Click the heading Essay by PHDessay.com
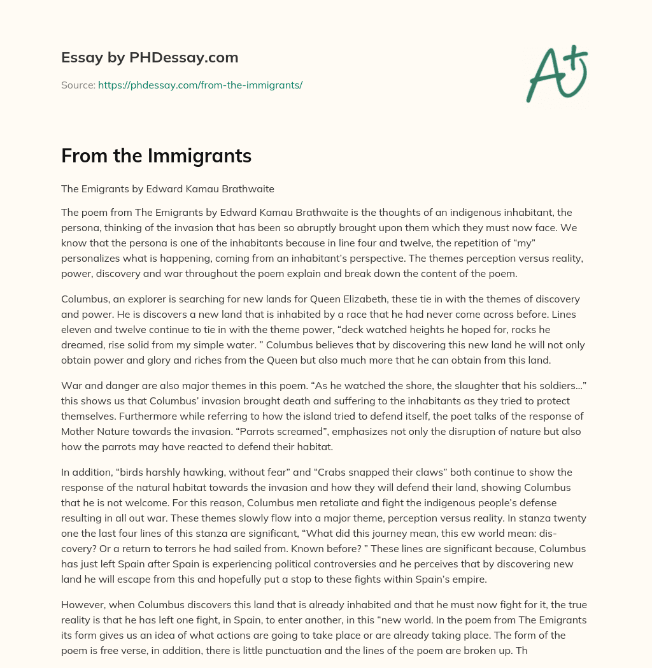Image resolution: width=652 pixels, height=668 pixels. tap(150, 58)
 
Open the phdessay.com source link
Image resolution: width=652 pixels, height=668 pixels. tap(200, 85)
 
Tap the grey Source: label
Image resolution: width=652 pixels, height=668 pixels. tap(78, 85)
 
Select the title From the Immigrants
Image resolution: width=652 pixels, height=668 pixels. tap(156, 156)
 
